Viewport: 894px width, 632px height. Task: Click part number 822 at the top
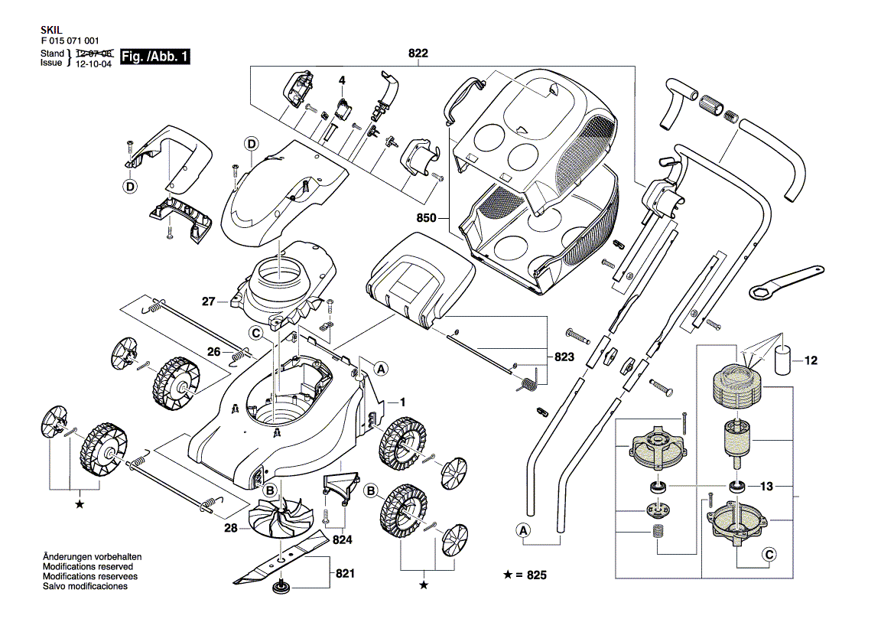(x=418, y=54)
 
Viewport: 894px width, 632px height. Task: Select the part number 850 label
(x=427, y=218)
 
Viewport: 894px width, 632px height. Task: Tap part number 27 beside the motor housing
(x=209, y=301)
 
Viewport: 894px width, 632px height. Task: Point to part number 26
(x=214, y=352)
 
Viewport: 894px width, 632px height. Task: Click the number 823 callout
(x=564, y=357)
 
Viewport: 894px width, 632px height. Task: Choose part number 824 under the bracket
(x=343, y=539)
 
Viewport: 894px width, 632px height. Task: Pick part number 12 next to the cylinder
(x=811, y=360)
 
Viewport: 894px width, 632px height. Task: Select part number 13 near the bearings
(x=767, y=486)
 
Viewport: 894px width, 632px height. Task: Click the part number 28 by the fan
(x=230, y=528)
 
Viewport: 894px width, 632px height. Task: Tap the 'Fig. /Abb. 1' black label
(x=155, y=57)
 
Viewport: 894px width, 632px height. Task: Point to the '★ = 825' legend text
(x=525, y=575)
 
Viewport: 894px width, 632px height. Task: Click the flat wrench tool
(x=784, y=282)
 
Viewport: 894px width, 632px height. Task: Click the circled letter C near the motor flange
(x=769, y=555)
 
